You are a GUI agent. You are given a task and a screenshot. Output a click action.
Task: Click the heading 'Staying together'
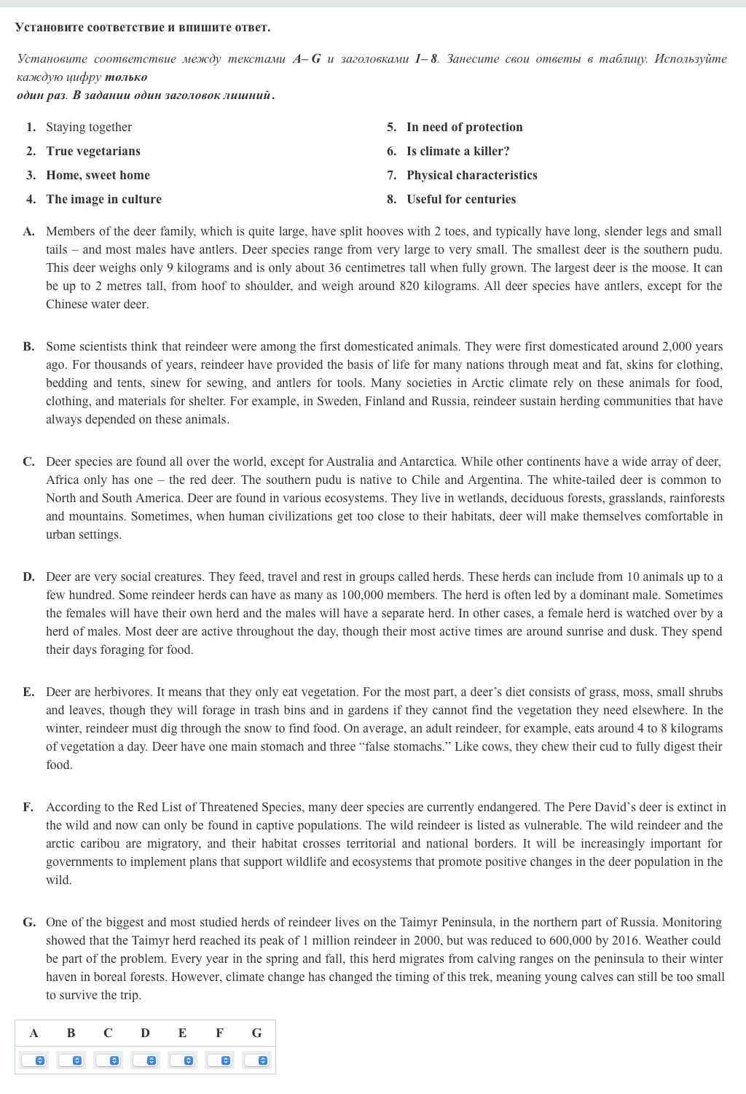click(89, 127)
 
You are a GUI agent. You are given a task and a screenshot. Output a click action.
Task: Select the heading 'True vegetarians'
click(93, 151)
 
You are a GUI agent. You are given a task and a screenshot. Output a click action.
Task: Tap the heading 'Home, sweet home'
click(98, 175)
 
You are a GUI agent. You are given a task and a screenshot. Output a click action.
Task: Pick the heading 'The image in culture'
click(103, 199)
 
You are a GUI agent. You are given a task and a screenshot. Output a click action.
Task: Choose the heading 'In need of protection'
click(464, 127)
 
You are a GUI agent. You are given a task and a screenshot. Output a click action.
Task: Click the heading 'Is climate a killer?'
click(458, 151)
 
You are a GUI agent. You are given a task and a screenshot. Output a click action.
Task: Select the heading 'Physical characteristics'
click(471, 175)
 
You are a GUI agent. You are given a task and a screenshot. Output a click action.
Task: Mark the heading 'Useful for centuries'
click(460, 199)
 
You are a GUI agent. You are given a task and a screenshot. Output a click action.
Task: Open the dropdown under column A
click(34, 1060)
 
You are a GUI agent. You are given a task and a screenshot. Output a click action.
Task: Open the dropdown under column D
click(145, 1060)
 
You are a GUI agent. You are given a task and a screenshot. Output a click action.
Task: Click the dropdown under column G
click(256, 1060)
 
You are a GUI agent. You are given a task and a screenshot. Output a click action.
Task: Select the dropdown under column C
click(108, 1060)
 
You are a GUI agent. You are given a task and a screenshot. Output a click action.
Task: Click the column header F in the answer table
click(219, 1033)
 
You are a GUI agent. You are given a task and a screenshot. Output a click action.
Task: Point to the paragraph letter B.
click(28, 346)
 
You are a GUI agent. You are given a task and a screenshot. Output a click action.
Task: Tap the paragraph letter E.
click(28, 692)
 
